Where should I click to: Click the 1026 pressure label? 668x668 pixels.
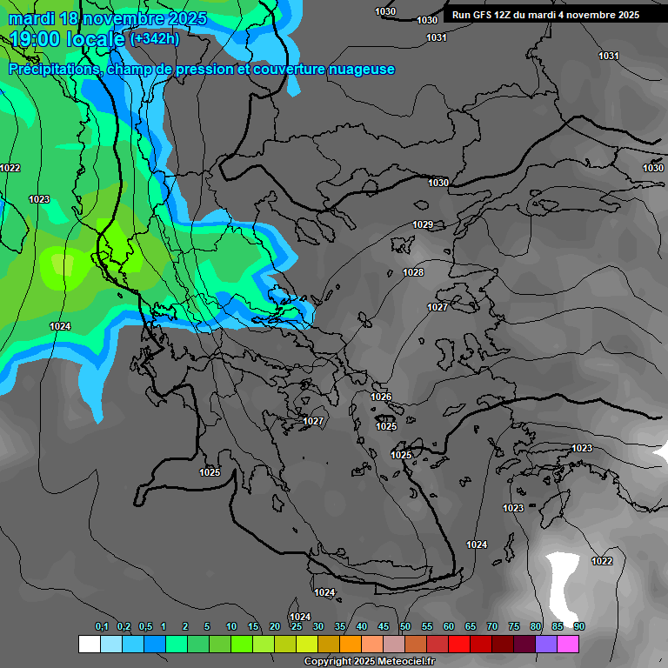(x=381, y=397)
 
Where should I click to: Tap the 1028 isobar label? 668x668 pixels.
(x=413, y=272)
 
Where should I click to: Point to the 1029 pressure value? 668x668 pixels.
(x=423, y=224)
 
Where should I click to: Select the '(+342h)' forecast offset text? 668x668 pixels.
(x=155, y=38)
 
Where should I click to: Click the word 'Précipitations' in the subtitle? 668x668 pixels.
(x=53, y=70)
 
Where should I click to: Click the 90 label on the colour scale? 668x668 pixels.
(x=579, y=626)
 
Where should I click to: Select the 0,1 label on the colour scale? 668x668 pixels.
(x=101, y=626)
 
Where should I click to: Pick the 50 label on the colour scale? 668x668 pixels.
(x=405, y=626)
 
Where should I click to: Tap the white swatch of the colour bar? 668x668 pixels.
(x=90, y=644)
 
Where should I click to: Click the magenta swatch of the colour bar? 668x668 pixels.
(x=568, y=644)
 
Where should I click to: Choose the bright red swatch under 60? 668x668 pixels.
(x=459, y=644)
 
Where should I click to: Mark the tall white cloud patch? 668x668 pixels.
(x=564, y=583)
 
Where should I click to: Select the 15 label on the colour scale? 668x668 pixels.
(x=253, y=626)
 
